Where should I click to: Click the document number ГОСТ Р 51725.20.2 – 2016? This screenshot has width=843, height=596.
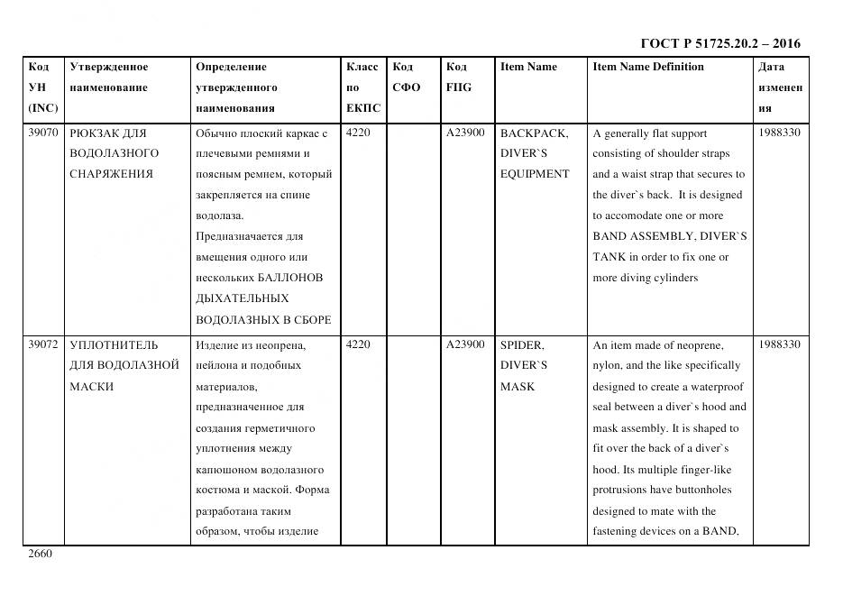click(719, 43)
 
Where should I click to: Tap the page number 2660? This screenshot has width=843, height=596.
click(41, 554)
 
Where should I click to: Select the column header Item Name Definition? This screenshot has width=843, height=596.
click(647, 67)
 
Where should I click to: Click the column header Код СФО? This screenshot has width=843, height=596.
click(406, 77)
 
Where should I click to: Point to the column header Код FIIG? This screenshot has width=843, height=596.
click(458, 77)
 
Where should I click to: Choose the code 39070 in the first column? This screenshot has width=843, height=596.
click(42, 133)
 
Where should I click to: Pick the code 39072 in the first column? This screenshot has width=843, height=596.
click(42, 345)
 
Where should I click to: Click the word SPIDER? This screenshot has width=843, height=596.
click(522, 345)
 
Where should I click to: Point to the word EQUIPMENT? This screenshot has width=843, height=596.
click(535, 174)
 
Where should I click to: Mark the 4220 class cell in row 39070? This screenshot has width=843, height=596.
click(358, 133)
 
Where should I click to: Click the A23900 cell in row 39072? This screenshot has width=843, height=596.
click(465, 345)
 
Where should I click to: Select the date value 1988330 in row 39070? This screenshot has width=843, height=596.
click(780, 133)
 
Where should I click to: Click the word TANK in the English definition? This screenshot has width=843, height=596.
click(609, 257)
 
